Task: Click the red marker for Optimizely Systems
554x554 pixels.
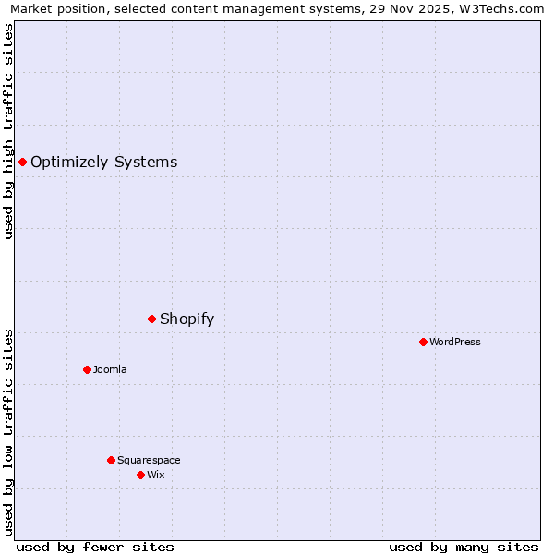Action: [x=22, y=163]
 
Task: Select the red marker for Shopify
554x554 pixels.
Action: [x=151, y=319]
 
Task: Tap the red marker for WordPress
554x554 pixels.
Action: [x=423, y=342]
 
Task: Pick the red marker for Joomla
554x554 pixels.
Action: [x=87, y=369]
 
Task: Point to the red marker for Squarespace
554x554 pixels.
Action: [x=111, y=460]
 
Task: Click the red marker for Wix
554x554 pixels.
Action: [x=140, y=475]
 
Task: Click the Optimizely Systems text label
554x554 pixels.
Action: [x=103, y=163]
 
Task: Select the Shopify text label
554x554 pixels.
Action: [x=187, y=319]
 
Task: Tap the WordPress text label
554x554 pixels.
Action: [x=455, y=342]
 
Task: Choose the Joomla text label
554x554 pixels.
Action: [x=110, y=369]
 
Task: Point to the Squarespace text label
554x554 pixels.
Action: [x=149, y=460]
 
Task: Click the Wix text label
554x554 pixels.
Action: [x=155, y=475]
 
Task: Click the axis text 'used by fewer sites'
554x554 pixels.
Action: [x=95, y=547]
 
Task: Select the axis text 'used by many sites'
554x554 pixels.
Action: [x=464, y=547]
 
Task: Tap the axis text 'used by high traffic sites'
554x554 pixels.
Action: [x=9, y=131]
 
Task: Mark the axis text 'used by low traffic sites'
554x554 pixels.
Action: [x=9, y=432]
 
